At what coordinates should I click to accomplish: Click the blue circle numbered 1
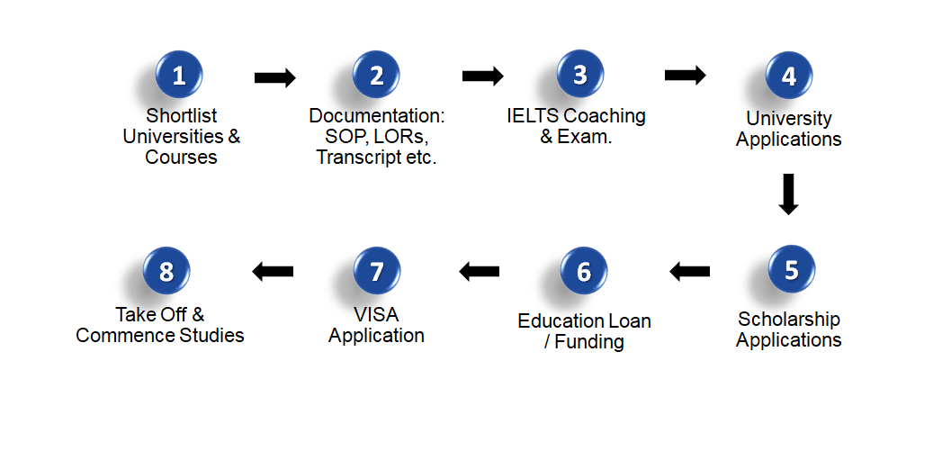point(179,75)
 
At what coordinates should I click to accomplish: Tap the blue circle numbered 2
point(376,75)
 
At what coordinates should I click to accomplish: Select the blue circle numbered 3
point(580,74)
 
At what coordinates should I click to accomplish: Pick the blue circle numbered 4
point(788,76)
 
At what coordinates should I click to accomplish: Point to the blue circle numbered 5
point(791,269)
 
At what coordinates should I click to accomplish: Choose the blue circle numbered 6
point(584,271)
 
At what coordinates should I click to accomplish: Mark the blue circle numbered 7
point(376,271)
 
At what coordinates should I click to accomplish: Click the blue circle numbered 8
point(166,270)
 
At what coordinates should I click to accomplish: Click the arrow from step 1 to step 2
point(275,78)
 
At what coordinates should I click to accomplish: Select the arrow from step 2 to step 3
point(482,76)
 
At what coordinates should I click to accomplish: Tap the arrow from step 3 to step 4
point(686,75)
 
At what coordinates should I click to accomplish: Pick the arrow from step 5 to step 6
point(689,270)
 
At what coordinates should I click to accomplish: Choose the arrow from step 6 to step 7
point(479,270)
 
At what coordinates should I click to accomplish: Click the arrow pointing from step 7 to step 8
point(273,270)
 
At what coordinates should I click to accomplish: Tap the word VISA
point(376,315)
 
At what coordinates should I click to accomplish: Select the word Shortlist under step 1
point(182,116)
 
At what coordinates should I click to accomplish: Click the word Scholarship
point(788,319)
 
